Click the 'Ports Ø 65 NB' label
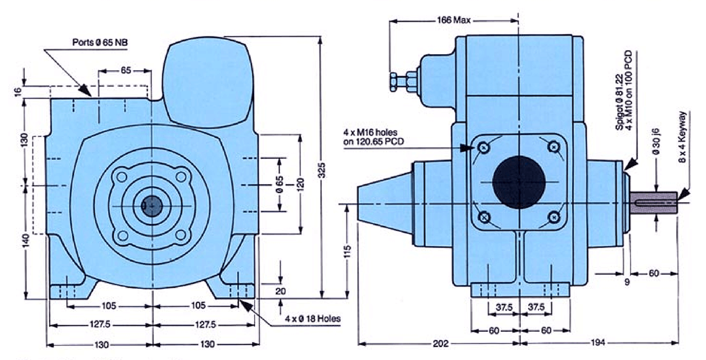pos(101,42)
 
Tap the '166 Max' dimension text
pos(454,20)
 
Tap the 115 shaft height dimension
pos(348,252)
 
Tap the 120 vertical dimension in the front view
pos(301,184)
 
